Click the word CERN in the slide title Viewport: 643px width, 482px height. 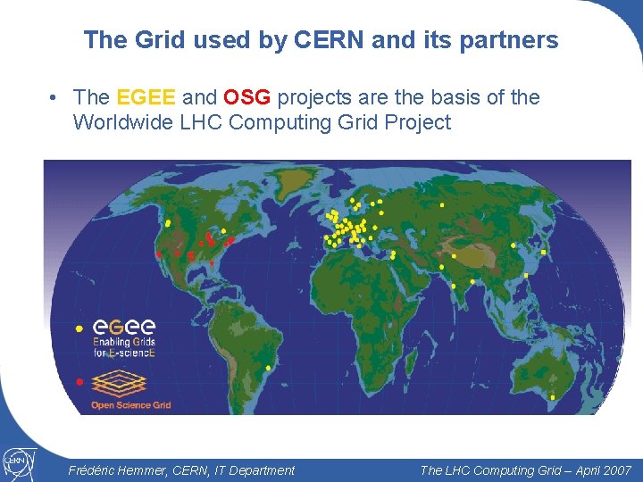coord(320,40)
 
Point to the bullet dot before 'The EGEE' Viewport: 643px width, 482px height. coord(54,98)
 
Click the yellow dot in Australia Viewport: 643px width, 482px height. coord(553,396)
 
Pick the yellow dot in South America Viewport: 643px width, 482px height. coord(269,368)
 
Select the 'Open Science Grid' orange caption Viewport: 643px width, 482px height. coord(130,405)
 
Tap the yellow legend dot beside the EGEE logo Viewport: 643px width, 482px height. coord(79,328)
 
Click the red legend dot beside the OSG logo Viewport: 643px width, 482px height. coord(79,382)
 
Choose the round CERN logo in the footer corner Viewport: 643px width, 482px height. coord(17,461)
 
